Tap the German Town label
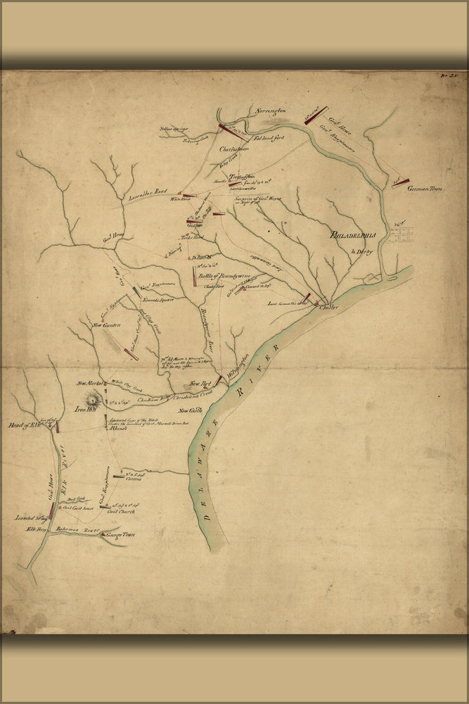pos(425,189)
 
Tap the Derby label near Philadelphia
pos(364,251)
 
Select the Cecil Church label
pos(120,512)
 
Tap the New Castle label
pos(190,410)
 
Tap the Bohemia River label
pos(84,527)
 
